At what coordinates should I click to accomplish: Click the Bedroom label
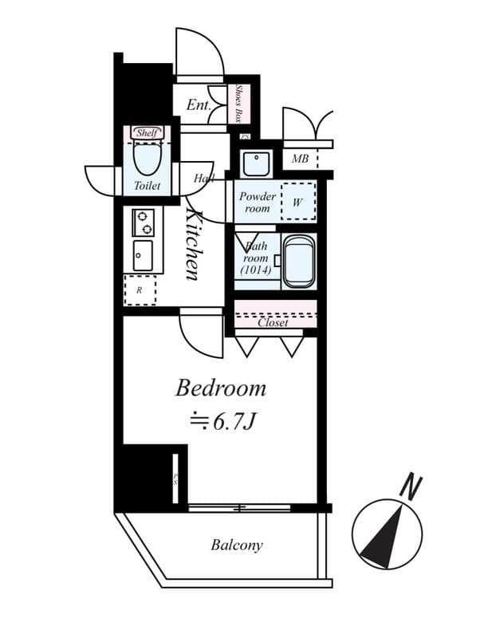[220, 388]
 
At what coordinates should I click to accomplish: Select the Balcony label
[237, 545]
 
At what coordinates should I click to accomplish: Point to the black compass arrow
[383, 542]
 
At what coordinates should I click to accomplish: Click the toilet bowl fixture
[147, 158]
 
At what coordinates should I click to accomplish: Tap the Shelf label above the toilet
[147, 132]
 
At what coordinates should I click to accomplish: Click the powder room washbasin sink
[257, 163]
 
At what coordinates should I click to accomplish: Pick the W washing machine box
[297, 202]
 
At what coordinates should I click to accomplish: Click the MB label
[300, 159]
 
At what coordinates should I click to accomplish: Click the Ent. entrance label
[199, 104]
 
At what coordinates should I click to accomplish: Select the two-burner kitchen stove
[144, 221]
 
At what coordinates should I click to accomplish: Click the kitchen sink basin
[144, 255]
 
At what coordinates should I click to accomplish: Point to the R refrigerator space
[140, 289]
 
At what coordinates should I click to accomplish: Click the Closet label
[273, 323]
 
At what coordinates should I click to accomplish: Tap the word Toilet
[147, 186]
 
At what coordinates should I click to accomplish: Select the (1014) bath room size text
[256, 270]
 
